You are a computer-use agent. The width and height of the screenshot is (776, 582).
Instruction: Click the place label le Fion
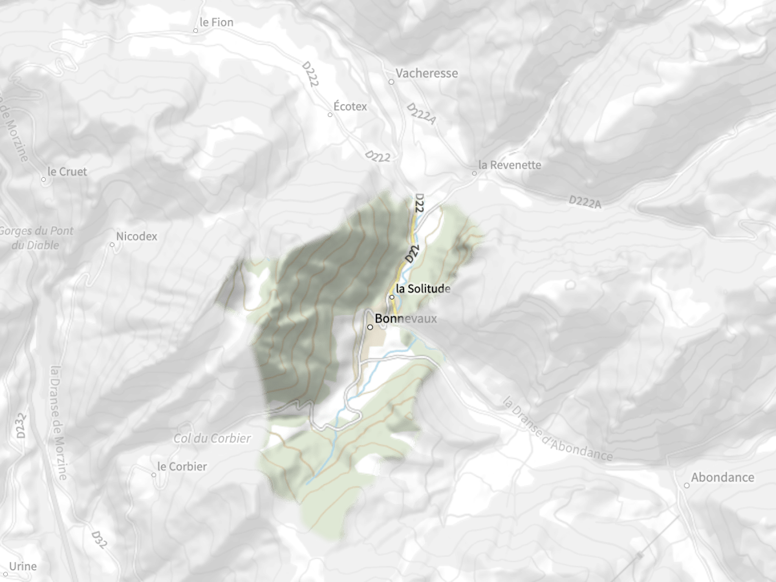[x=216, y=23]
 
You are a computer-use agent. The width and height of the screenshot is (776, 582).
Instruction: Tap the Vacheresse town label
[x=427, y=73]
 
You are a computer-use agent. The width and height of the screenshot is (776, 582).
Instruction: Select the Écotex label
[x=350, y=106]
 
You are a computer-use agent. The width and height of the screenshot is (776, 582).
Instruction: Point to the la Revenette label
[x=509, y=165]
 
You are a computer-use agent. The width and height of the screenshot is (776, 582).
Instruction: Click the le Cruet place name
[x=67, y=172]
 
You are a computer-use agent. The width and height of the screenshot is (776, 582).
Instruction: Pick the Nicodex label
[x=136, y=236]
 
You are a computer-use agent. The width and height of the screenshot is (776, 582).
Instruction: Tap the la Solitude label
[x=423, y=288]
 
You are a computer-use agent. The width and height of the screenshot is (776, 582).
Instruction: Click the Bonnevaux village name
[x=405, y=319]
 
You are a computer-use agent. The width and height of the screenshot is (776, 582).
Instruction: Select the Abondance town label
[x=722, y=478]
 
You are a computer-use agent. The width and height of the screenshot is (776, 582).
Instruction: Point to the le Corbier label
[x=182, y=466]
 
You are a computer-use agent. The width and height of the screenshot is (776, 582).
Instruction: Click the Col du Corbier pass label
[x=212, y=438]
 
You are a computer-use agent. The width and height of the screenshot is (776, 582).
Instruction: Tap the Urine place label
[x=23, y=566]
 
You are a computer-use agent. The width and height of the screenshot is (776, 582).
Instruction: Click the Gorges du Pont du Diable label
[x=37, y=238]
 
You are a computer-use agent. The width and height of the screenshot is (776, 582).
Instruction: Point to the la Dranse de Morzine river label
[x=58, y=423]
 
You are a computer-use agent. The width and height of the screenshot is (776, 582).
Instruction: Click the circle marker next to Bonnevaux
[x=370, y=327]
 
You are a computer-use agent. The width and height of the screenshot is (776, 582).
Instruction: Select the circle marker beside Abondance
[x=687, y=486]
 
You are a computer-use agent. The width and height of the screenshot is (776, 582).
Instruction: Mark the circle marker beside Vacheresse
[x=391, y=82]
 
